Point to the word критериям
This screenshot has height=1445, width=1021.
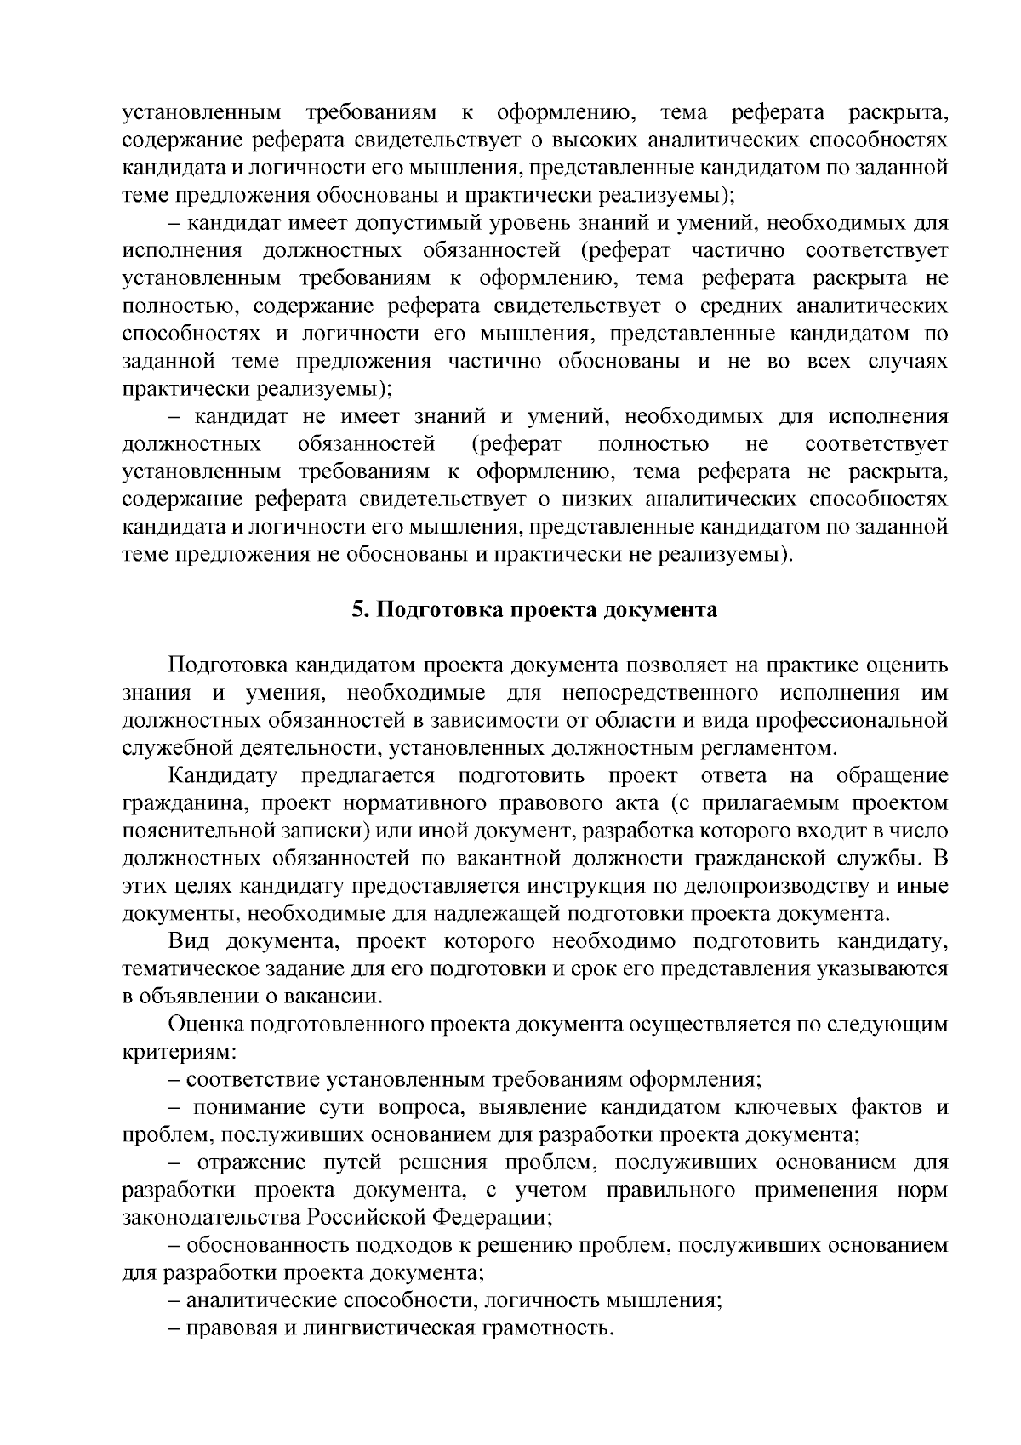[163, 1052]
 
